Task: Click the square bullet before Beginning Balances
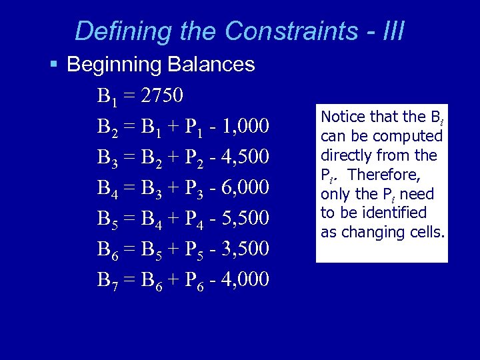[54, 65]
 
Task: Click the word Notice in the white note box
[343, 117]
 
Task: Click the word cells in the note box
[427, 232]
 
